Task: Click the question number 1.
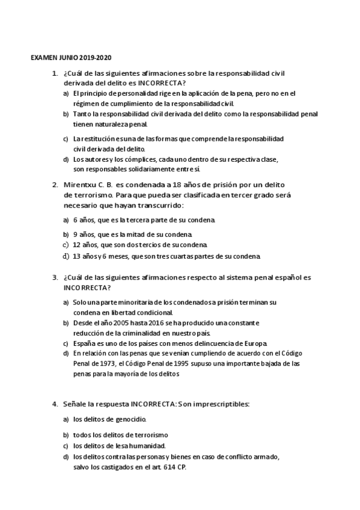pyautogui.click(x=55, y=73)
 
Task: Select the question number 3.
pyautogui.click(x=55, y=278)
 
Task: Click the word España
pyautogui.click(x=84, y=343)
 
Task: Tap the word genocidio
pyautogui.click(x=129, y=419)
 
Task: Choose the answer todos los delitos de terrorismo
pyautogui.click(x=120, y=434)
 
